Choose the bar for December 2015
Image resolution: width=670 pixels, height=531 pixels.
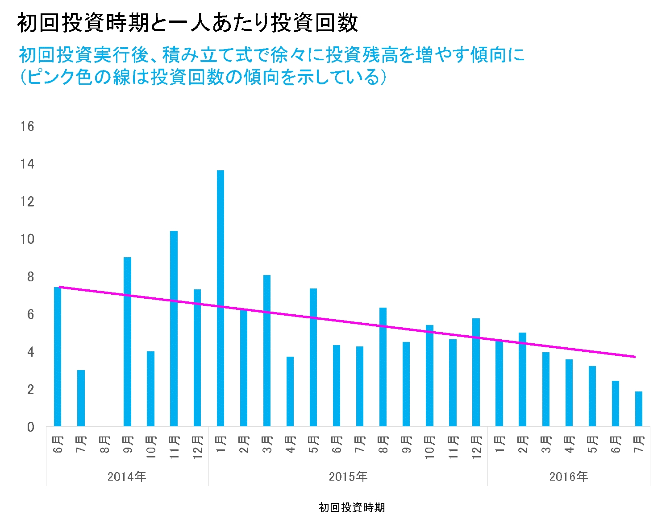(476, 372)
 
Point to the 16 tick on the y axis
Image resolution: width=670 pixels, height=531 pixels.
(27, 127)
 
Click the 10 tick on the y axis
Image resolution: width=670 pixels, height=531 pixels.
(27, 239)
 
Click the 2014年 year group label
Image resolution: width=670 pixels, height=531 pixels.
(127, 477)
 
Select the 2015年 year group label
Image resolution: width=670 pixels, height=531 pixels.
(348, 477)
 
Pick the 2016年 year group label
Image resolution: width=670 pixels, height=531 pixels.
(569, 477)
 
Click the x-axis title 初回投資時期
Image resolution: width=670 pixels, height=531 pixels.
(352, 507)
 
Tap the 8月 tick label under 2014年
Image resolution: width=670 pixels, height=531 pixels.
(104, 445)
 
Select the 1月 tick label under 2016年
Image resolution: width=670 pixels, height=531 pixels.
(499, 445)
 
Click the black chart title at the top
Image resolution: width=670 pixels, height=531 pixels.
(187, 23)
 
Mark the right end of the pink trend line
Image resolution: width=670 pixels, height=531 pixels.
(635, 357)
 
